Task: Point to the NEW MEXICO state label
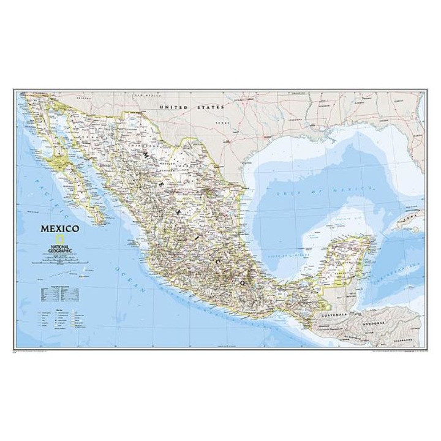point(146,96)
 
